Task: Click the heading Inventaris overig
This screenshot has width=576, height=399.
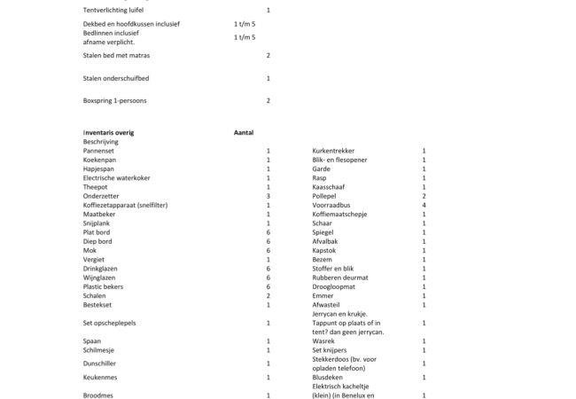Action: [108, 133]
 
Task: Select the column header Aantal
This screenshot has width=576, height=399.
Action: [244, 133]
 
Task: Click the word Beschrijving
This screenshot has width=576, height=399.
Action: [101, 142]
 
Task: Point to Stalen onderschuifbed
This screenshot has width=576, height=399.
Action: [116, 78]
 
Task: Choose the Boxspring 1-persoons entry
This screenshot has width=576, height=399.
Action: [115, 101]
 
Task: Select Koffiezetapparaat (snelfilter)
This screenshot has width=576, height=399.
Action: [125, 206]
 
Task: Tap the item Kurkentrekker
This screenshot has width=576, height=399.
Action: [333, 151]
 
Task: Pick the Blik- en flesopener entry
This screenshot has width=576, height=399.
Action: [340, 160]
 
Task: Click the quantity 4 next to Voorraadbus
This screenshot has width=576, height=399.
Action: [424, 206]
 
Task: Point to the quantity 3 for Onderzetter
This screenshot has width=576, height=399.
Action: [269, 196]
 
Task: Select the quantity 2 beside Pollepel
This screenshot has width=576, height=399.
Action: [424, 196]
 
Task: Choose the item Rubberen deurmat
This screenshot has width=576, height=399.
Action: [339, 278]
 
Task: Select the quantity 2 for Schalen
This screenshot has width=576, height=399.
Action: [269, 296]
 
